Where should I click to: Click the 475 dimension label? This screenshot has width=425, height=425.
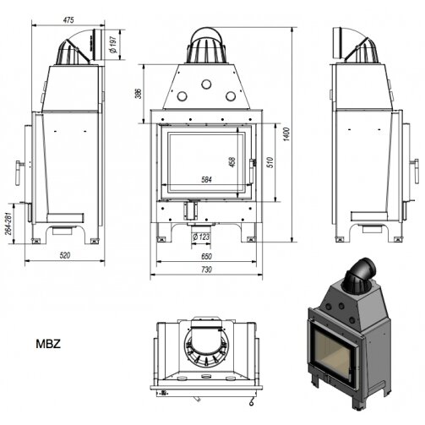[68, 20]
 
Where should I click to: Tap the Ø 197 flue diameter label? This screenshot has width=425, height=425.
[113, 45]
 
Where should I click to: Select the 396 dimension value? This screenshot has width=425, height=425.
[138, 94]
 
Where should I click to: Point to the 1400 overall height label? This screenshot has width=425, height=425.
[286, 134]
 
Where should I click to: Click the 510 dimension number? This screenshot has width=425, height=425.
[270, 162]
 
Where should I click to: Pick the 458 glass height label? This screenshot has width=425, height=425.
[232, 162]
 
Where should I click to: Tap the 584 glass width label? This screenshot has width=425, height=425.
[206, 180]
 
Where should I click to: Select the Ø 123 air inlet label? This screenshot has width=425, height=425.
[201, 237]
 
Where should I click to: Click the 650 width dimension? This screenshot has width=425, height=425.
[206, 256]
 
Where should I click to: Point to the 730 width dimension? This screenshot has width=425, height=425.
[206, 270]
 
